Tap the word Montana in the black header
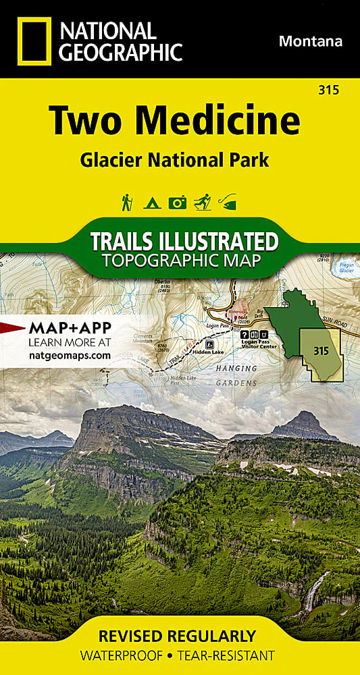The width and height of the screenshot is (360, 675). coord(310,41)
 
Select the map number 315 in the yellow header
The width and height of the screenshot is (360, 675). coord(331,90)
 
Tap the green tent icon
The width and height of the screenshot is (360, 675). coord(151,201)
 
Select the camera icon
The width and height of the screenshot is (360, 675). coord(177,201)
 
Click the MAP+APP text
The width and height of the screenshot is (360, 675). coord(70,329)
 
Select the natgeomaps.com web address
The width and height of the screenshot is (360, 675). coord(70,354)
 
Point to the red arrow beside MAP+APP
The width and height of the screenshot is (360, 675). coord(12,329)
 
